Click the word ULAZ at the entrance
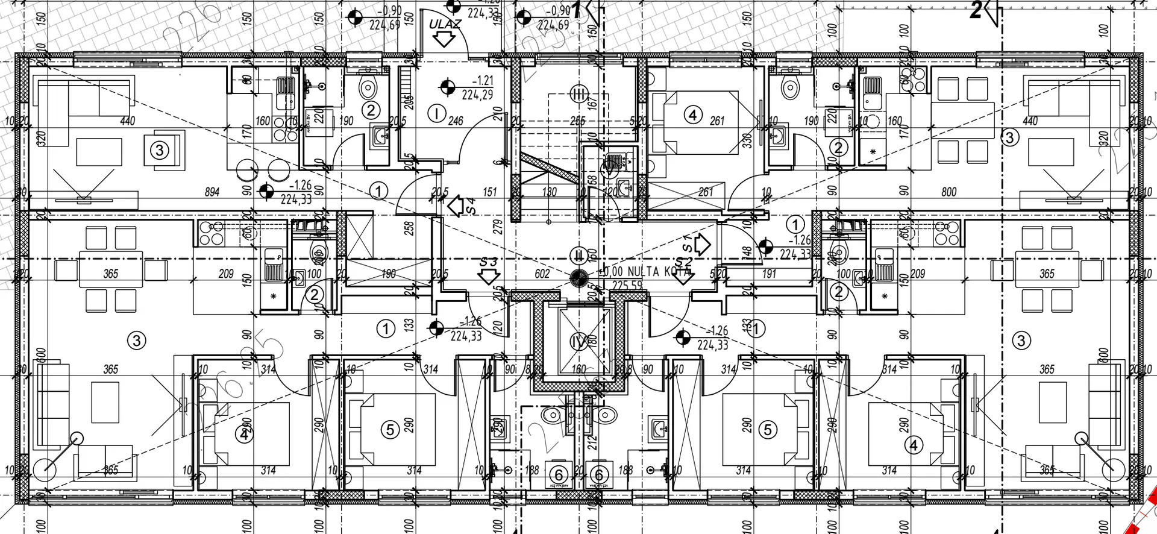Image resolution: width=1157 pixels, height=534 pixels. click(x=445, y=25)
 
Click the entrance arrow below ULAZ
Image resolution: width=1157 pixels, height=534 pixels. click(x=445, y=40)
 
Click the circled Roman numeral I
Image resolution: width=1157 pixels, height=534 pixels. click(x=436, y=113)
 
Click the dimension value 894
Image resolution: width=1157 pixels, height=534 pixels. click(x=212, y=192)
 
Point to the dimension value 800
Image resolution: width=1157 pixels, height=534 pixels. click(x=948, y=192)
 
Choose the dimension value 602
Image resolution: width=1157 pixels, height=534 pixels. click(x=542, y=274)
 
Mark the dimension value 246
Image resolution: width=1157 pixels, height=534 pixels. click(x=456, y=121)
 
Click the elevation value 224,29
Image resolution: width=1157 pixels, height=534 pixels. click(x=477, y=95)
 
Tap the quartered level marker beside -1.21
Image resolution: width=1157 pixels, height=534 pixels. click(x=447, y=88)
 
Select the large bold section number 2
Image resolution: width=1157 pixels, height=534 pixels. click(x=976, y=11)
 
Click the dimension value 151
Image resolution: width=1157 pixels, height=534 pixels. click(x=490, y=192)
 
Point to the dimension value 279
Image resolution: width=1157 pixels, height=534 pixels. click(x=498, y=227)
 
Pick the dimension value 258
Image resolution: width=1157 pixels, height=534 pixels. click(x=409, y=228)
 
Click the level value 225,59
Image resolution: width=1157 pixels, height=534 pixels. click(x=627, y=286)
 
